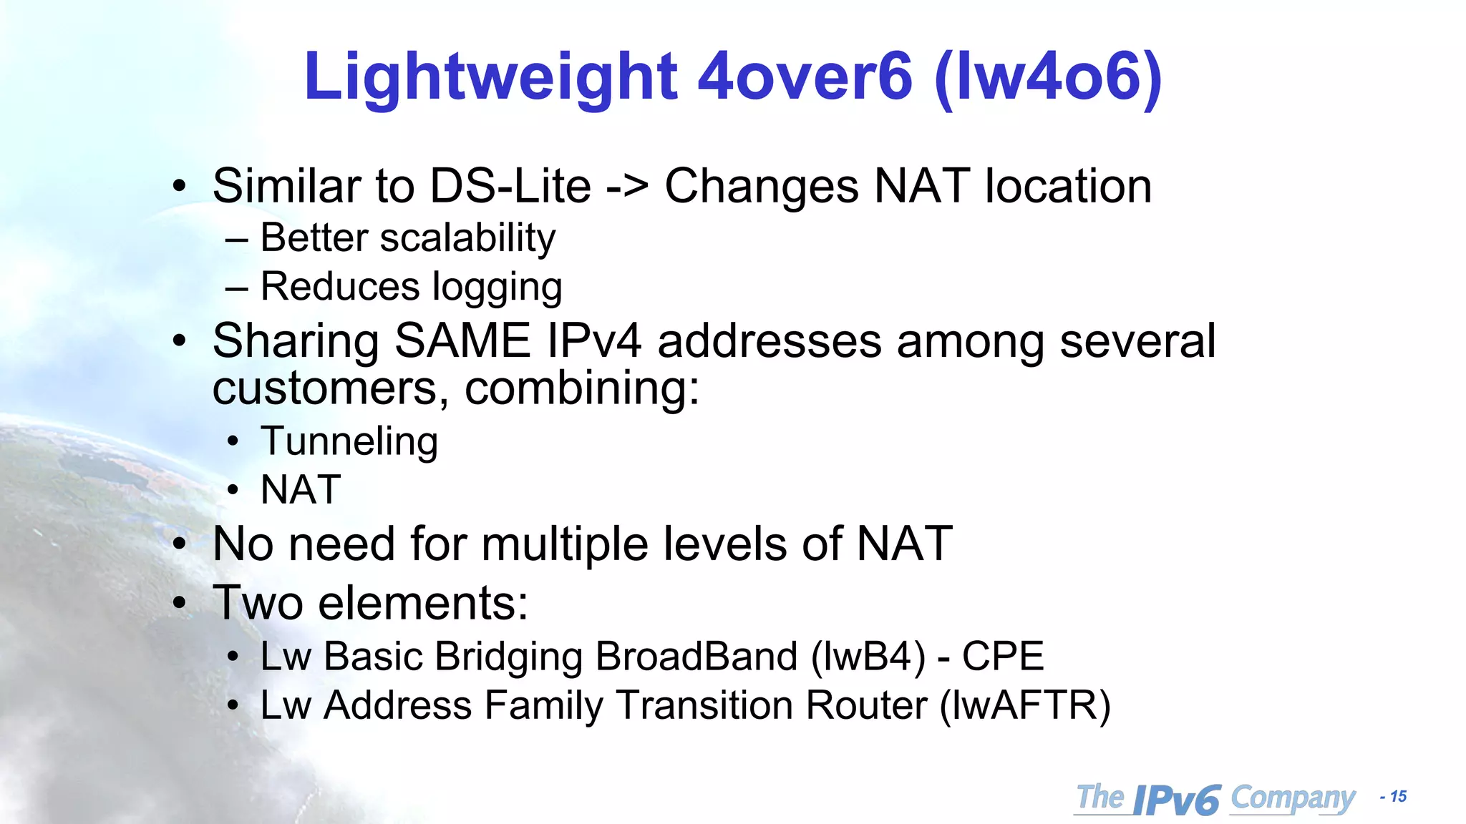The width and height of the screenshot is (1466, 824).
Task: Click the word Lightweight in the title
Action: tap(490, 77)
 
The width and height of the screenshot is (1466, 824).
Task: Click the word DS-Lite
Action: tap(510, 186)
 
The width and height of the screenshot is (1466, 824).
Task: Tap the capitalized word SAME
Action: tap(462, 340)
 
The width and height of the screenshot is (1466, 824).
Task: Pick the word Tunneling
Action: tap(349, 441)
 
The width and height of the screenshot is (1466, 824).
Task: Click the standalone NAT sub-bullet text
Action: tap(301, 491)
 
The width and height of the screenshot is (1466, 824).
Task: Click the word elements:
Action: tap(423, 603)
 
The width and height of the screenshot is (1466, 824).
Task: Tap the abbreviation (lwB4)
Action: tap(868, 657)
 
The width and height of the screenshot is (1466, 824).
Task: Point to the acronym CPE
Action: tap(1003, 657)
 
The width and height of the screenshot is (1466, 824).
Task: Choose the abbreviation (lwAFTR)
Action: tap(1025, 706)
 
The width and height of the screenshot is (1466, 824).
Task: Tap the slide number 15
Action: tap(1398, 797)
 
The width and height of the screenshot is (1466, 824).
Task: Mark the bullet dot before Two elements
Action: tap(180, 603)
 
